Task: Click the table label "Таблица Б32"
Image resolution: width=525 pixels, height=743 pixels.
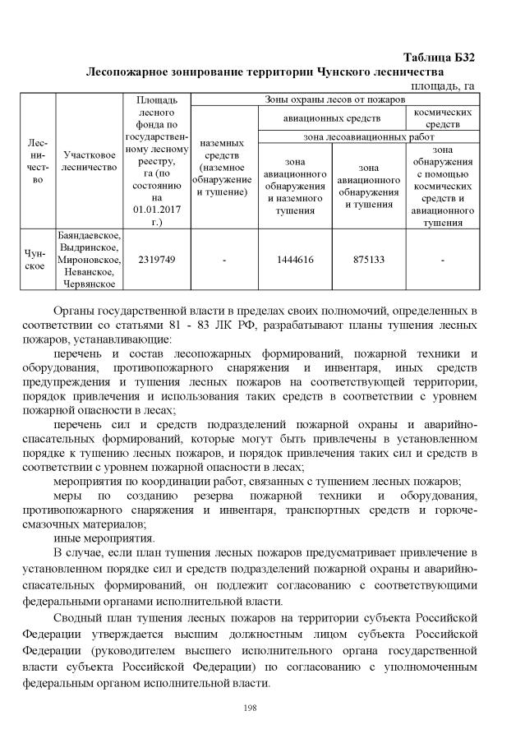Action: coord(439,58)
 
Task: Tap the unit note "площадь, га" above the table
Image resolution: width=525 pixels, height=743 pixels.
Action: coord(442,85)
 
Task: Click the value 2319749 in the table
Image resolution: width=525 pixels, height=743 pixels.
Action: coord(157,260)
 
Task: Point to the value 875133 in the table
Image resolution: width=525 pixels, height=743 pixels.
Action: coord(369,260)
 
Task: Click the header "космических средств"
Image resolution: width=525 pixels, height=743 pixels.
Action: coord(442,118)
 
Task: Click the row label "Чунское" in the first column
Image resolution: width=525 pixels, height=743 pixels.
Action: coord(36,260)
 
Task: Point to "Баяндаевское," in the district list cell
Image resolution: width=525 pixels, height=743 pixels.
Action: coord(90,235)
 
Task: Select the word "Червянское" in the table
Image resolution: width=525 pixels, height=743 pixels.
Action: coord(90,284)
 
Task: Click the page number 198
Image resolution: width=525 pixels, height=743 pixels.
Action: coord(262,708)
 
